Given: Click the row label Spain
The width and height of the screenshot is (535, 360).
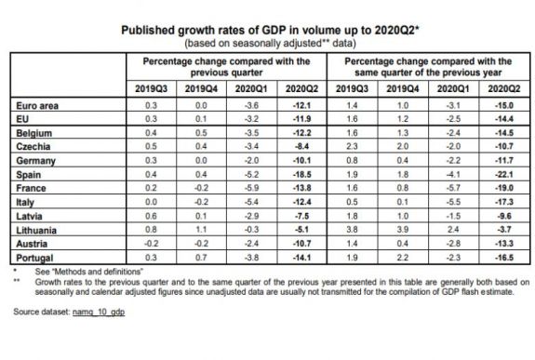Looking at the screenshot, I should pos(29,174).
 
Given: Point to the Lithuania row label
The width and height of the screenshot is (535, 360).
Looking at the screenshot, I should pos(35,229).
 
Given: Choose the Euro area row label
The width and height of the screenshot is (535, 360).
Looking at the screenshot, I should pos(35,105).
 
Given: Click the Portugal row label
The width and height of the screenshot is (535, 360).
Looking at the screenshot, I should pos(33,256).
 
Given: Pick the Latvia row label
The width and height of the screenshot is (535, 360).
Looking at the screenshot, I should pos(30,215).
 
